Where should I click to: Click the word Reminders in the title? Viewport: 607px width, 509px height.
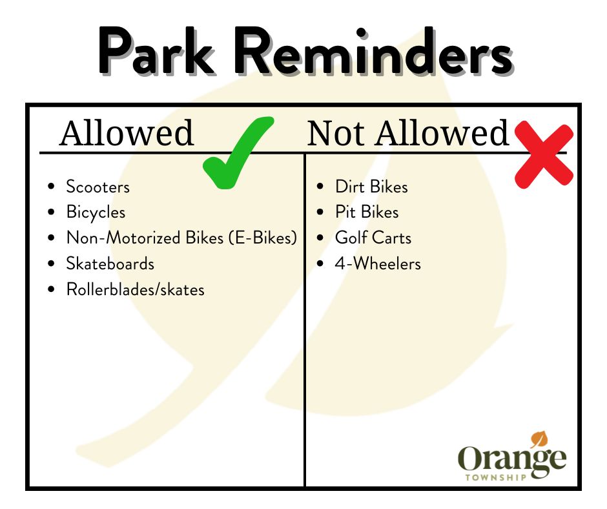point(374,51)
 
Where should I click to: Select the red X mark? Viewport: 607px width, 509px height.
point(544,154)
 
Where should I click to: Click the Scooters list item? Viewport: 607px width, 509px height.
point(98,187)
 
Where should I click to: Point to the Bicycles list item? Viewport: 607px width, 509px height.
point(96,213)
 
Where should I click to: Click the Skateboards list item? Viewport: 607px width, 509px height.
point(110,264)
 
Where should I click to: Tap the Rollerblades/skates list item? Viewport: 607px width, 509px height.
point(136,290)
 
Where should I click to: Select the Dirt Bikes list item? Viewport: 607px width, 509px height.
point(372,187)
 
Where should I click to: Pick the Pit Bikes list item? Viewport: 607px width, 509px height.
point(367,213)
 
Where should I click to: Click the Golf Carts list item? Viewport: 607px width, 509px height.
point(373,238)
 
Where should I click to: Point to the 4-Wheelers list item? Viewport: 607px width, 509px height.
point(378,264)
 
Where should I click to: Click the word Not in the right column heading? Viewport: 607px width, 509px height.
point(336,133)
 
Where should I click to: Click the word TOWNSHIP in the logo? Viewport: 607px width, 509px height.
point(496,477)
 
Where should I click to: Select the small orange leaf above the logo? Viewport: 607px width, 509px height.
point(539,440)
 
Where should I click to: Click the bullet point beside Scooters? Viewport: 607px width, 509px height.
point(51,187)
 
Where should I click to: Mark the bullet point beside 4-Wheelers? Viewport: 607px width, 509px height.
point(320,264)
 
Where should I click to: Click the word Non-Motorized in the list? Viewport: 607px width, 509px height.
point(123,238)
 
